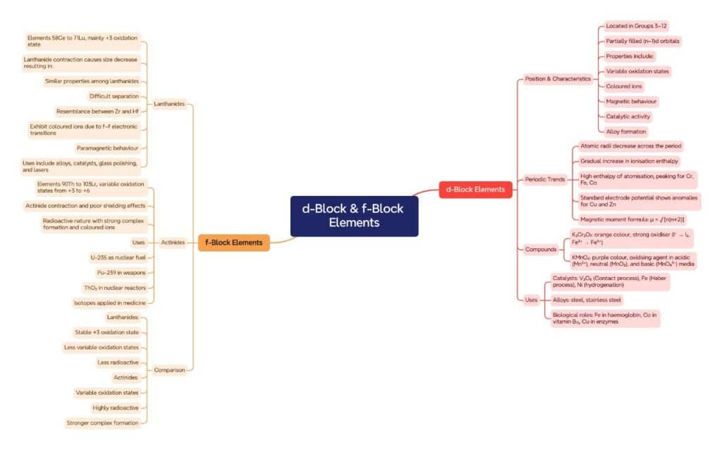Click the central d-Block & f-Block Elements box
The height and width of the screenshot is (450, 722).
point(354,216)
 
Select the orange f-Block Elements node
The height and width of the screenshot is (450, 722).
point(233,243)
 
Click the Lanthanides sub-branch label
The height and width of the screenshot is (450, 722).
point(169,104)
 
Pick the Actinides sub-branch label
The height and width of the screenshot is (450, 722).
point(172,243)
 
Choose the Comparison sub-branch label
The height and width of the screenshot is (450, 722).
point(169,370)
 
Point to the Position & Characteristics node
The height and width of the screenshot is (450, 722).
point(558,79)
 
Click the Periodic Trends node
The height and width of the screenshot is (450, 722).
point(545,180)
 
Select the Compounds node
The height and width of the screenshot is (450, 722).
point(541,249)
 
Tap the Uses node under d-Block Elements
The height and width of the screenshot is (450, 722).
point(531,300)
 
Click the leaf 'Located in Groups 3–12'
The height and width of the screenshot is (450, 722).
point(637,26)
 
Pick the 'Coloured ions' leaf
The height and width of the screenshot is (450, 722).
point(624,86)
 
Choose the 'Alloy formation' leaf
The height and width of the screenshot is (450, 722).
point(626,131)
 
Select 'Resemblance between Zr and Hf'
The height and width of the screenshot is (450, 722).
point(97,111)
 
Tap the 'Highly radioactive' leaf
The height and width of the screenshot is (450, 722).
point(116,408)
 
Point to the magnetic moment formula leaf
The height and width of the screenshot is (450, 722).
point(632,219)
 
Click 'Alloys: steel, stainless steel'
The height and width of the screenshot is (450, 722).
point(596,300)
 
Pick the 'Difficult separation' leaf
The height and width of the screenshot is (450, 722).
point(114,96)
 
